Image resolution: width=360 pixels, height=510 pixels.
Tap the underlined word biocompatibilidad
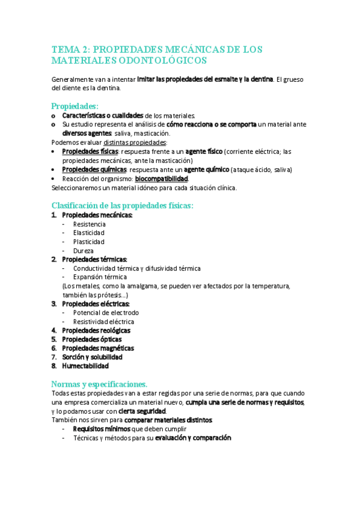tap(161, 179)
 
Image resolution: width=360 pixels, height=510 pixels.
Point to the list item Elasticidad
tap(88, 233)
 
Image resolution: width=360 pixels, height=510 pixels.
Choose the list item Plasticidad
tap(88, 242)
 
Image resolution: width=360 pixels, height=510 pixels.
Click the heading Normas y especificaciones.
tap(99, 383)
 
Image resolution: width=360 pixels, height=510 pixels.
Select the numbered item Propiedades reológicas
tap(96, 330)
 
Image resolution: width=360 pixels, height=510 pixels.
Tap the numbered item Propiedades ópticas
tap(92, 339)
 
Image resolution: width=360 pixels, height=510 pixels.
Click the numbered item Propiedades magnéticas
tap(98, 348)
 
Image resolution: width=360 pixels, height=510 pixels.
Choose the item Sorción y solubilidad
tap(93, 357)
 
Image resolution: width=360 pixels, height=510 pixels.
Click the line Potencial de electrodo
tap(106, 313)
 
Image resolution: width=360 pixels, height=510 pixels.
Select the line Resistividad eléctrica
tap(103, 322)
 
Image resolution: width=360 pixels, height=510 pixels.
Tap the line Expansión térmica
tap(100, 277)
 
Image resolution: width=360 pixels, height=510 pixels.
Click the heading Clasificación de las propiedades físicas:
tap(123, 205)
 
